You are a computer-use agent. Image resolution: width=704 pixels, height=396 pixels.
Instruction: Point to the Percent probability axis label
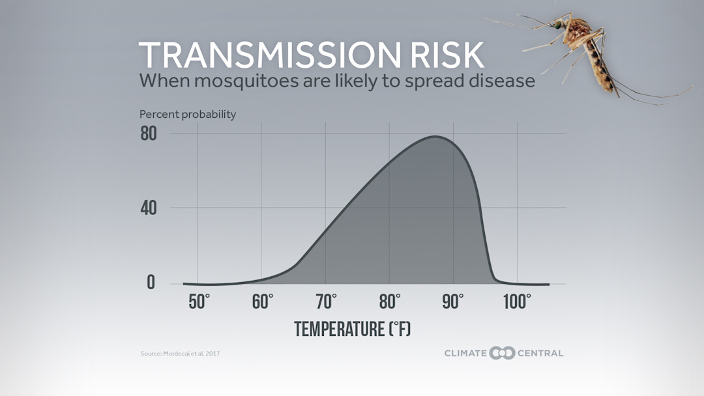pos(188,115)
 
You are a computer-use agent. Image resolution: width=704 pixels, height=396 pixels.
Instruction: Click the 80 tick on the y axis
pos(148,134)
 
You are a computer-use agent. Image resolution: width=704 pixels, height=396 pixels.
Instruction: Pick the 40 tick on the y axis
pos(148,208)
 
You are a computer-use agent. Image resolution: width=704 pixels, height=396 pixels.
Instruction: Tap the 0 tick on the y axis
pos(151,283)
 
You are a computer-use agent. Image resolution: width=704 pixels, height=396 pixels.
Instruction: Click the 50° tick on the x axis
pos(199,302)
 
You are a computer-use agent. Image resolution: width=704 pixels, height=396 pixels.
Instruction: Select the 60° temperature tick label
pos(263,302)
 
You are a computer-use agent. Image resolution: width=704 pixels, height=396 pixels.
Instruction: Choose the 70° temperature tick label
pos(327,302)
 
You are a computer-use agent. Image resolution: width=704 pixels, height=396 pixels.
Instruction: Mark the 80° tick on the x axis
pos(390,302)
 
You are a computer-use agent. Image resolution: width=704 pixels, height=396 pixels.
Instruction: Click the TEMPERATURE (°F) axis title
pos(353,329)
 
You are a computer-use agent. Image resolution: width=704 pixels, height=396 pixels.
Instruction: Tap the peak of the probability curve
pos(435,137)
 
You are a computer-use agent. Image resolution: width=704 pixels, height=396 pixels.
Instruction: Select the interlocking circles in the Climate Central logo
pos(502,353)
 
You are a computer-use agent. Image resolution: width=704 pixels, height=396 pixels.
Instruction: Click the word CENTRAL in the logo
pos(540,353)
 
